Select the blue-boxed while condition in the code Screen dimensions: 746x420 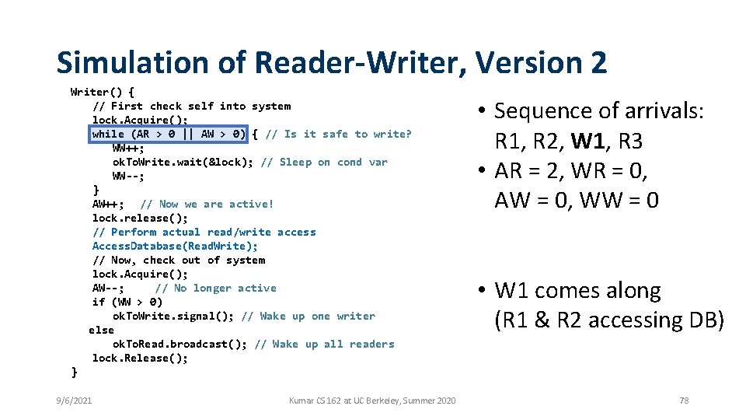click(x=169, y=134)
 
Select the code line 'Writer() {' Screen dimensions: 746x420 click(x=103, y=92)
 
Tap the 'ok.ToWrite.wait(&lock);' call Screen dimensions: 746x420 click(x=183, y=162)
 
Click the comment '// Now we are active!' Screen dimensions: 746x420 click(x=206, y=204)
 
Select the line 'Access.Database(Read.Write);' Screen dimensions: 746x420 click(x=175, y=246)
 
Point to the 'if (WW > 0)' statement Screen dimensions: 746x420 click(x=127, y=302)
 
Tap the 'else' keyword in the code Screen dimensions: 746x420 click(x=101, y=330)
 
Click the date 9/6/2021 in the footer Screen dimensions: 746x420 click(x=74, y=400)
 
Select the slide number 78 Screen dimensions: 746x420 click(x=684, y=400)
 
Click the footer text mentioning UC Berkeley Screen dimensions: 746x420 click(x=372, y=400)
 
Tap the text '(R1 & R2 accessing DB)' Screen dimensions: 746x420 click(x=609, y=320)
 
